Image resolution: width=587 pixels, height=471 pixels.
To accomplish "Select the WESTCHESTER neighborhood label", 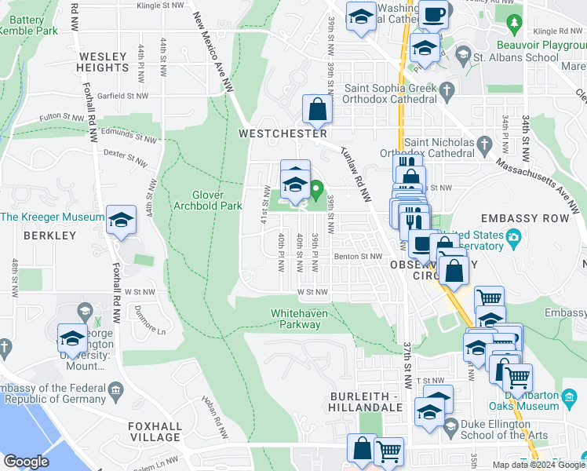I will [x=282, y=134].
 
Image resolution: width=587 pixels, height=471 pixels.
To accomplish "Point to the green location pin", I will [x=316, y=189].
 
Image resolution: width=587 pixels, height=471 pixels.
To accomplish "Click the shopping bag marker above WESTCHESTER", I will [x=317, y=110].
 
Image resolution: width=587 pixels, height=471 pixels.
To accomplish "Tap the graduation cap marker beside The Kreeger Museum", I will [x=122, y=221].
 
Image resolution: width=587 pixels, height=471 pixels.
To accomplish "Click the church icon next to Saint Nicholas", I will [x=484, y=144].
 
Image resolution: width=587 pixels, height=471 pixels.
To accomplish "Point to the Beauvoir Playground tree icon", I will [x=515, y=24].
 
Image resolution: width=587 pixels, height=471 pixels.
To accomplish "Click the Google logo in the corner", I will [x=26, y=462].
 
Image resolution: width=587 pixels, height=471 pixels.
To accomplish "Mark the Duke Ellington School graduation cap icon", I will [x=450, y=426].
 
